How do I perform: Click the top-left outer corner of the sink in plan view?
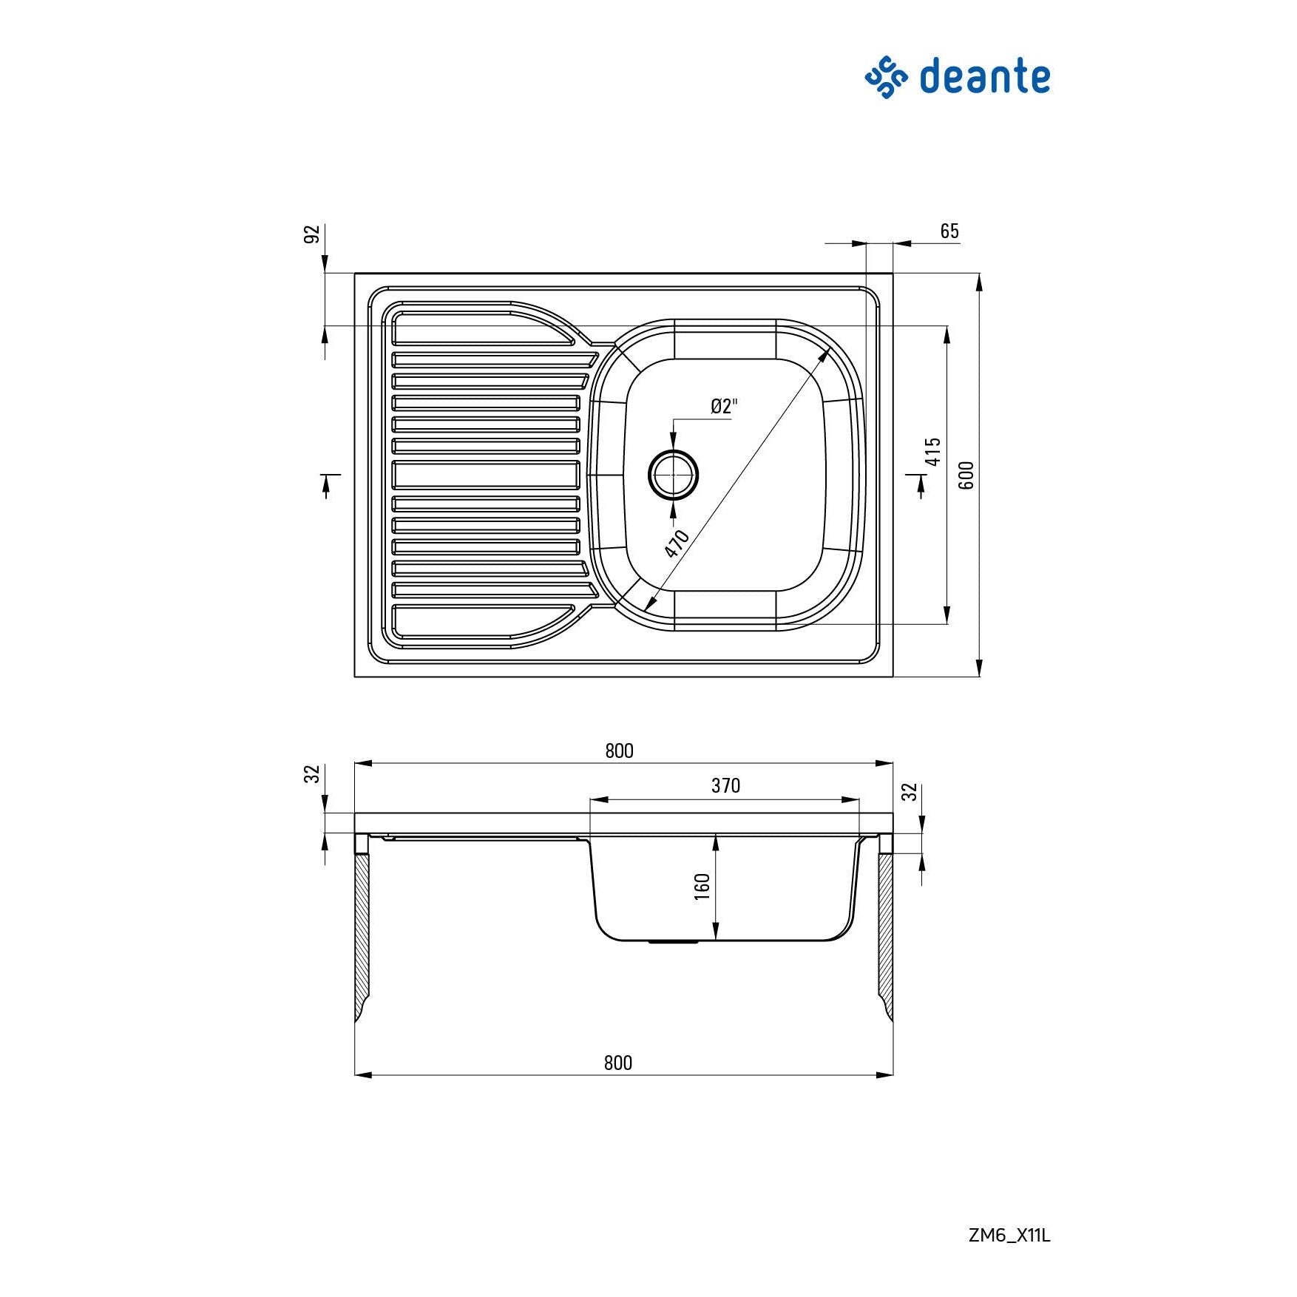(355, 274)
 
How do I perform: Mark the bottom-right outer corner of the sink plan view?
(893, 676)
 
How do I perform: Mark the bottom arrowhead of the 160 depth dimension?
(716, 933)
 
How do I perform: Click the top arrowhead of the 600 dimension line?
(979, 282)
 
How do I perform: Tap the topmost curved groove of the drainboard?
(484, 328)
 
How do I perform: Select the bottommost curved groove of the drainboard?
(484, 621)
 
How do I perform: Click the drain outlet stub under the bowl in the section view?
(673, 943)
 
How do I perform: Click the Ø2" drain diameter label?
(724, 406)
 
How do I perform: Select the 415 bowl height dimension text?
(933, 451)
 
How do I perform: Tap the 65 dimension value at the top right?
(949, 231)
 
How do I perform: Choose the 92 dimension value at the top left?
(313, 234)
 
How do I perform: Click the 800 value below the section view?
(618, 1063)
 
